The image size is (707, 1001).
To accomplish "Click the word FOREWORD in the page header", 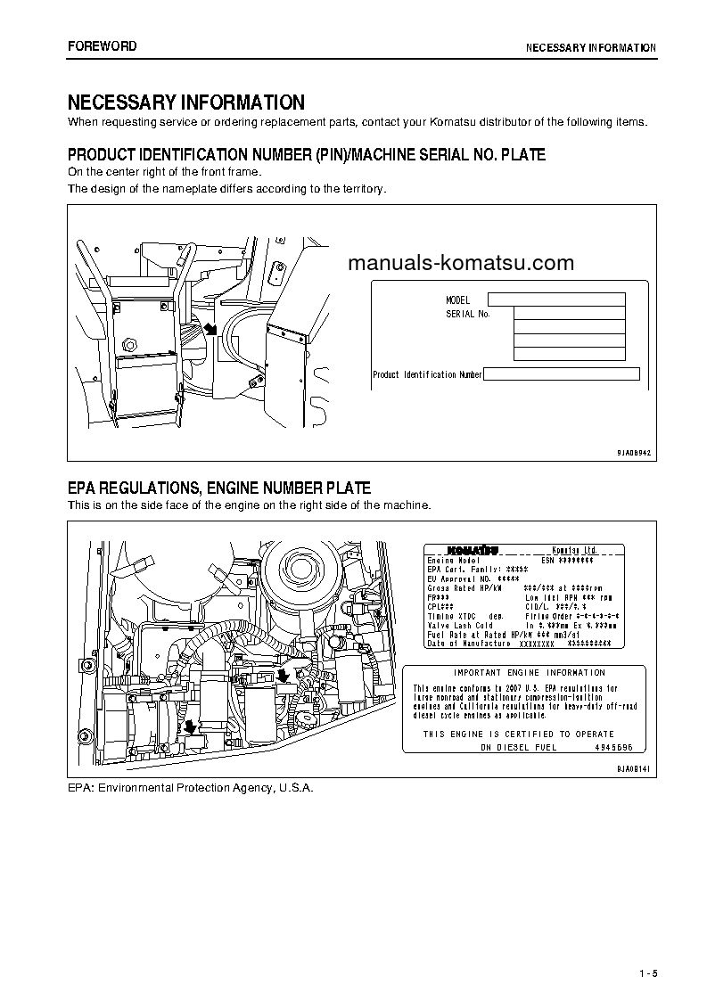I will coord(103,46).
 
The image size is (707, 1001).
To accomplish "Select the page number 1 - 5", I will coord(647,972).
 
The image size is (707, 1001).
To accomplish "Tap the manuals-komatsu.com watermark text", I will coord(461,263).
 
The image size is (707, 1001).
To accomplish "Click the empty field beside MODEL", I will coord(556,299).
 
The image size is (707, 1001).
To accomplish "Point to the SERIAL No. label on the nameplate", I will coord(468,314).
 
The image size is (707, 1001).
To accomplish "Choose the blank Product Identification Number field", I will coord(562,374).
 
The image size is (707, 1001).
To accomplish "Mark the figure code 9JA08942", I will coord(634,453).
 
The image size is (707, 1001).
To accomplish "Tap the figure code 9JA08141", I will coord(634,768).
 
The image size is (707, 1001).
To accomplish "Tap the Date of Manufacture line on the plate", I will coord(469,643).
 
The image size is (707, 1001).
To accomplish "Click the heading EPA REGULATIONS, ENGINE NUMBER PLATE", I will coord(219,488).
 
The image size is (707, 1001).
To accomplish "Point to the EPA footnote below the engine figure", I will coord(191,788).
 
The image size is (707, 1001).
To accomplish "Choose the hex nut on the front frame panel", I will coord(131,344).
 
